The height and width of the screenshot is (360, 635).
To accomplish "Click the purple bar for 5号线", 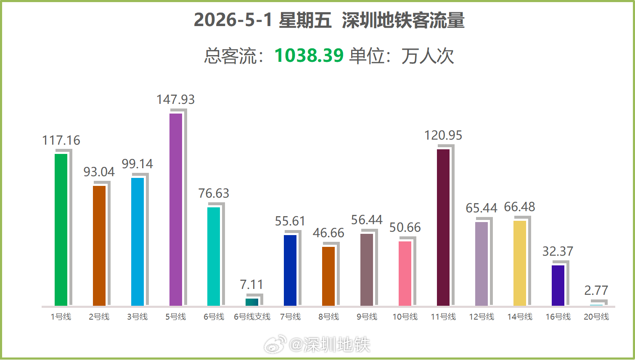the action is tap(176, 209).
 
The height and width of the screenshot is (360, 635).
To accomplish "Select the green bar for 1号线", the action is tap(61, 230).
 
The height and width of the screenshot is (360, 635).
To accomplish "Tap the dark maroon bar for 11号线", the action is tap(443, 228).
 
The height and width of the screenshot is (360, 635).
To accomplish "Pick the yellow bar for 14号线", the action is tap(520, 263).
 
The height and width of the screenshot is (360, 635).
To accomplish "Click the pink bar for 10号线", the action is tap(405, 273).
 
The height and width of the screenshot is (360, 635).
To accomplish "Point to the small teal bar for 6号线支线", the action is tap(252, 302).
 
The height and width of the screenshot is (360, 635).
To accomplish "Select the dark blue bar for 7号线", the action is tap(290, 270).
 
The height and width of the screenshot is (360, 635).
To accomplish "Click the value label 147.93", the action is tap(176, 100).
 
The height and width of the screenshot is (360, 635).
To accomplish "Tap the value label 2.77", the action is tap(596, 290).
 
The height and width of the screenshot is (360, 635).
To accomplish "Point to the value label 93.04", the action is tap(99, 172).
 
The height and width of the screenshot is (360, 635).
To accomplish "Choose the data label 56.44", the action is tap(367, 220).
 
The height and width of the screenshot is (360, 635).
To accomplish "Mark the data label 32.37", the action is tap(558, 251).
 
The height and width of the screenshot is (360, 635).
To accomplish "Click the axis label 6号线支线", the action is tap(252, 317).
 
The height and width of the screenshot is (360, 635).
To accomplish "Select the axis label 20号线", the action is tap(596, 317).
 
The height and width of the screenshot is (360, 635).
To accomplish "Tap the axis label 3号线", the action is tap(138, 317).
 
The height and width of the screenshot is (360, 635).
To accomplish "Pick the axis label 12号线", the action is tap(482, 317).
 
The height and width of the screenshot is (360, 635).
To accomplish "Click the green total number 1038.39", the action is tap(309, 55).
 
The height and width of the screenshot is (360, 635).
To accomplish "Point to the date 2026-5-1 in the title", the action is tap(233, 20).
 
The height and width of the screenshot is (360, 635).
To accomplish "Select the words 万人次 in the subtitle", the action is tap(428, 56).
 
